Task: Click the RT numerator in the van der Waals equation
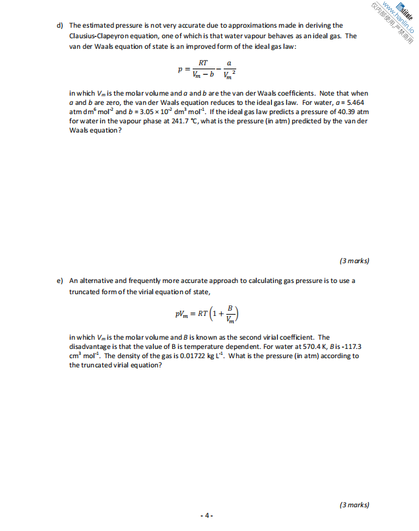click(x=203, y=63)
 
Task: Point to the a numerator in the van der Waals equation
click(x=229, y=63)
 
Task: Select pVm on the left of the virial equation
click(x=181, y=315)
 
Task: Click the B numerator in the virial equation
click(x=230, y=309)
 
